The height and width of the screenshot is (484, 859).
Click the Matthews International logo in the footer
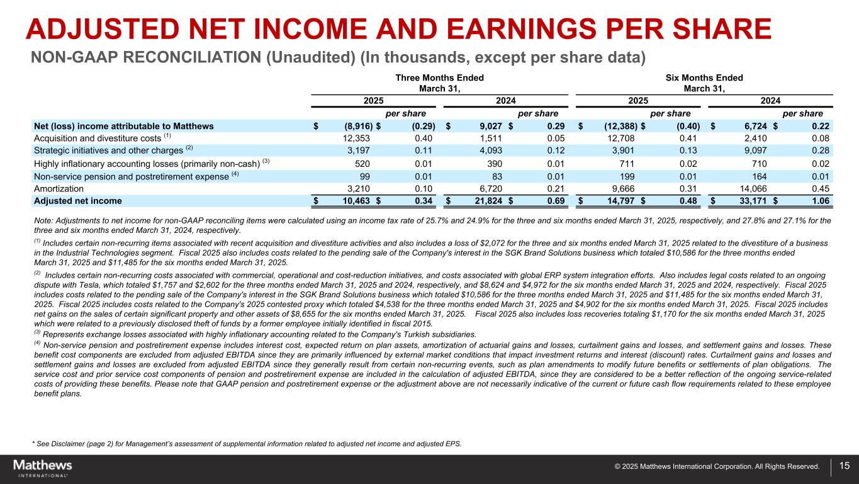pyautogui.click(x=43, y=468)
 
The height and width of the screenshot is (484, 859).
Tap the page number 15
pyautogui.click(x=844, y=466)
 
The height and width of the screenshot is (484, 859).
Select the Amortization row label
pyautogui.click(x=59, y=189)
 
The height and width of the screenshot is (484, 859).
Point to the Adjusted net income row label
pyautogui.click(x=78, y=201)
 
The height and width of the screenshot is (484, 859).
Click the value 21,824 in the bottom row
pyautogui.click(x=486, y=201)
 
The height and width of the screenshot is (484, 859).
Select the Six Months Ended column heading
pyautogui.click(x=704, y=78)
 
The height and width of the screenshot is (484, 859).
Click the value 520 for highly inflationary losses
pyautogui.click(x=353, y=164)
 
